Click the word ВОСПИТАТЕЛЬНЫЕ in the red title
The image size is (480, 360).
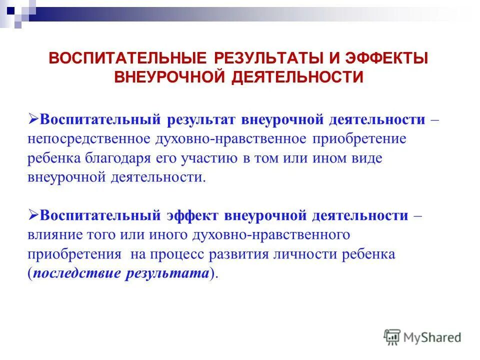tap(127, 58)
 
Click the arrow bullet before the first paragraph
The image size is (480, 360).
tap(33, 119)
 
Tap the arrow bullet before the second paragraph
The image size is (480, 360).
tap(33, 215)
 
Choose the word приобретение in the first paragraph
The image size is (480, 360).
tap(359, 139)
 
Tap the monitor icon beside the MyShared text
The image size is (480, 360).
tap(392, 337)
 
